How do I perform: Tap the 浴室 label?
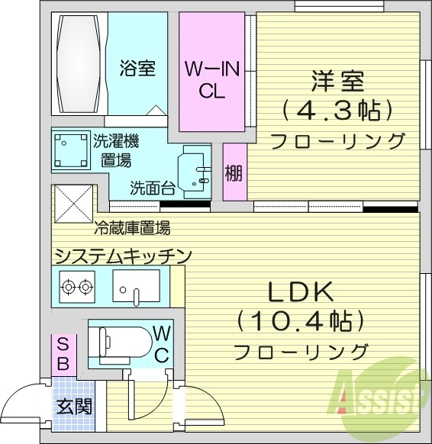(137, 68)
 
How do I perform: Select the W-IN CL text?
(212, 79)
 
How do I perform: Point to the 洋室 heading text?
(337, 80)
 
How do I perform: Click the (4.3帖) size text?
(337, 110)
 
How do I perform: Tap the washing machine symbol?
(70, 150)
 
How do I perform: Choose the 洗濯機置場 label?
(116, 150)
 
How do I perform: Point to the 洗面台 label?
(153, 186)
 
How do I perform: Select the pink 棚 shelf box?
(234, 173)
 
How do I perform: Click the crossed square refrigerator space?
(73, 202)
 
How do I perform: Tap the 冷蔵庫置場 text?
(132, 227)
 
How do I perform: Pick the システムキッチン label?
(122, 256)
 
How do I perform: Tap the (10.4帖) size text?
(298, 321)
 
